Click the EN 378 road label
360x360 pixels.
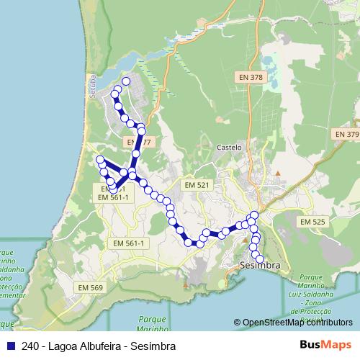[x=251, y=76]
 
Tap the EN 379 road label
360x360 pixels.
[x=346, y=135]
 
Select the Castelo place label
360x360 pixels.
[x=229, y=147]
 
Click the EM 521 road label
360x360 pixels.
[x=197, y=185]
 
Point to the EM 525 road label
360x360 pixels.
[x=313, y=222]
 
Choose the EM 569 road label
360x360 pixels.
[x=91, y=287]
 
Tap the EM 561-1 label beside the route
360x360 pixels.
[x=112, y=197]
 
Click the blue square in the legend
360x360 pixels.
[x=10, y=346]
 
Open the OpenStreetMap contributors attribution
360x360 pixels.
[x=298, y=323]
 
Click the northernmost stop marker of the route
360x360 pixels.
[x=127, y=81]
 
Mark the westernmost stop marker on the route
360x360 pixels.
[x=99, y=159]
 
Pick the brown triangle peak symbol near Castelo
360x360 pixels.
[x=277, y=174]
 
